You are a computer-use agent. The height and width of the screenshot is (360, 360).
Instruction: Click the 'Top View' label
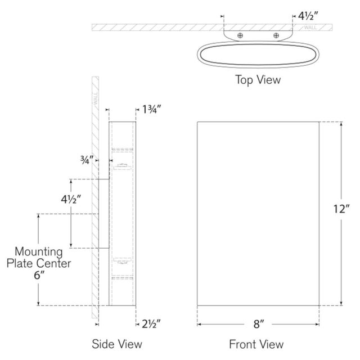pos(258,80)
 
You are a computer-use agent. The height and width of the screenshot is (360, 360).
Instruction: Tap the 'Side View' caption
pos(117,344)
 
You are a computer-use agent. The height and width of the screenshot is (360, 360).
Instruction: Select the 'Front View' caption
pos(256,344)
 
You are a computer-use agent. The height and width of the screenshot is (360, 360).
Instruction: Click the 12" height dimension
pos(341,209)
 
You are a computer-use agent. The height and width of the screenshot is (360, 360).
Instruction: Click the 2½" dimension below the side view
pos(151,324)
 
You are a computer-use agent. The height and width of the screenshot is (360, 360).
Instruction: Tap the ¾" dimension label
pos(87,160)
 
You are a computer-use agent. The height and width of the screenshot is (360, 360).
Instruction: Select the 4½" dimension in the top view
pos(308,16)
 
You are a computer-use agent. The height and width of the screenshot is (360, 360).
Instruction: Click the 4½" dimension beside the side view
pos(71,199)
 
